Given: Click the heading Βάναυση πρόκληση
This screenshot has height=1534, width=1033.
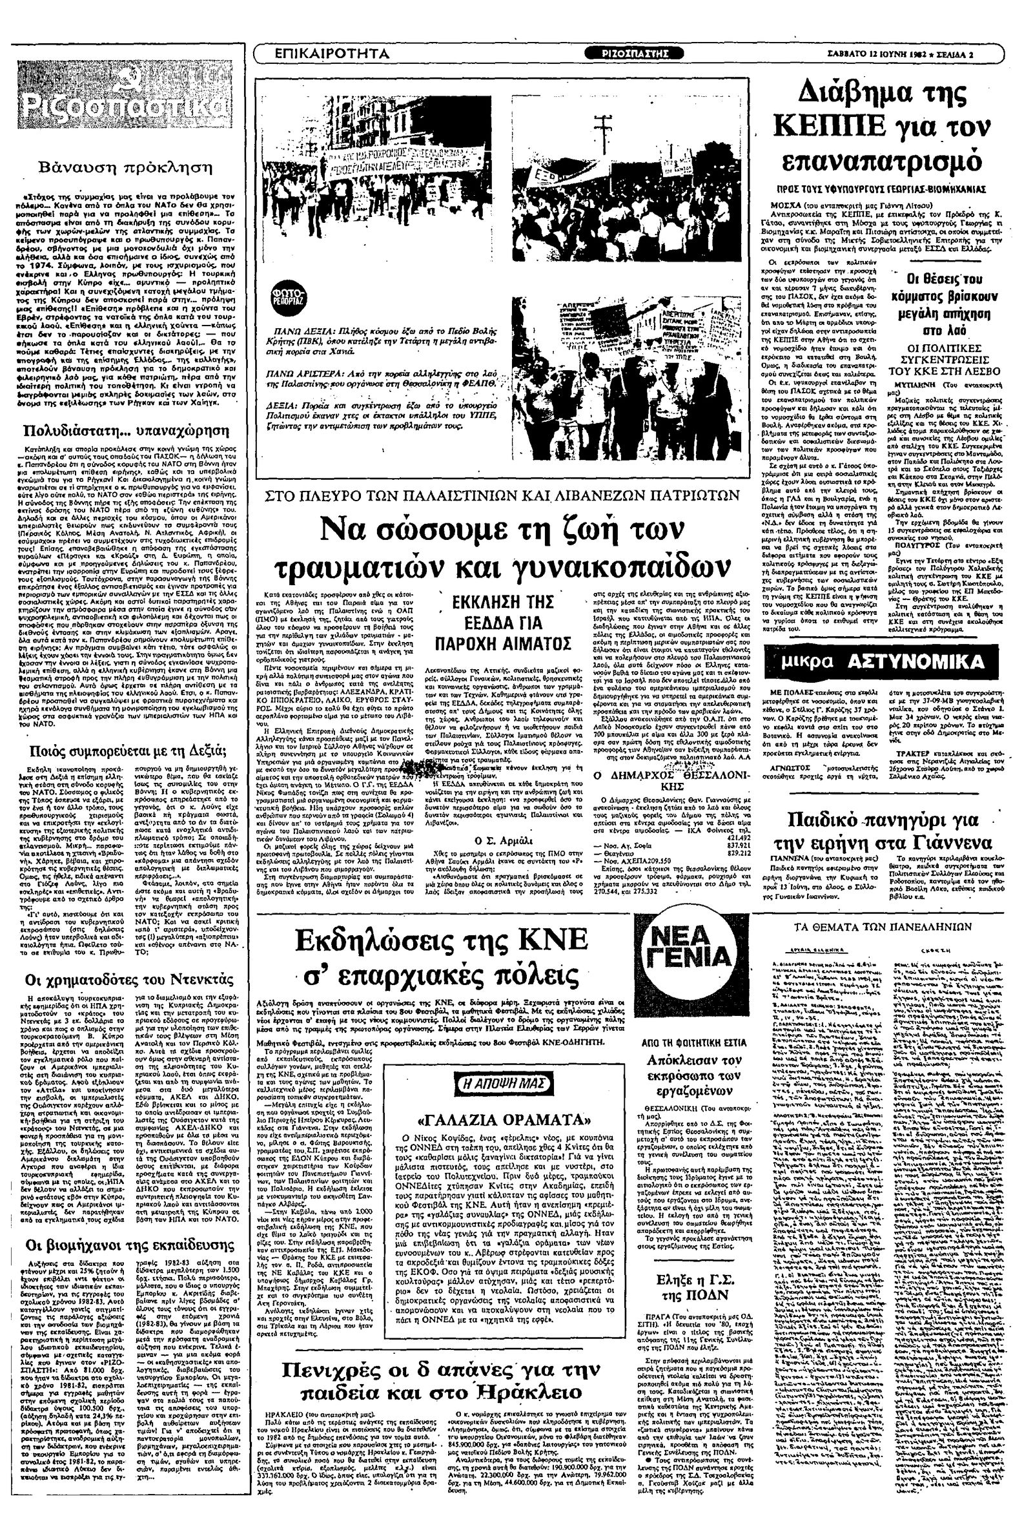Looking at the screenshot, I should point(125,167).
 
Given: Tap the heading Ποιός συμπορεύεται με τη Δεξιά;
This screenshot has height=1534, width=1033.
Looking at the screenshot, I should point(125,752).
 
